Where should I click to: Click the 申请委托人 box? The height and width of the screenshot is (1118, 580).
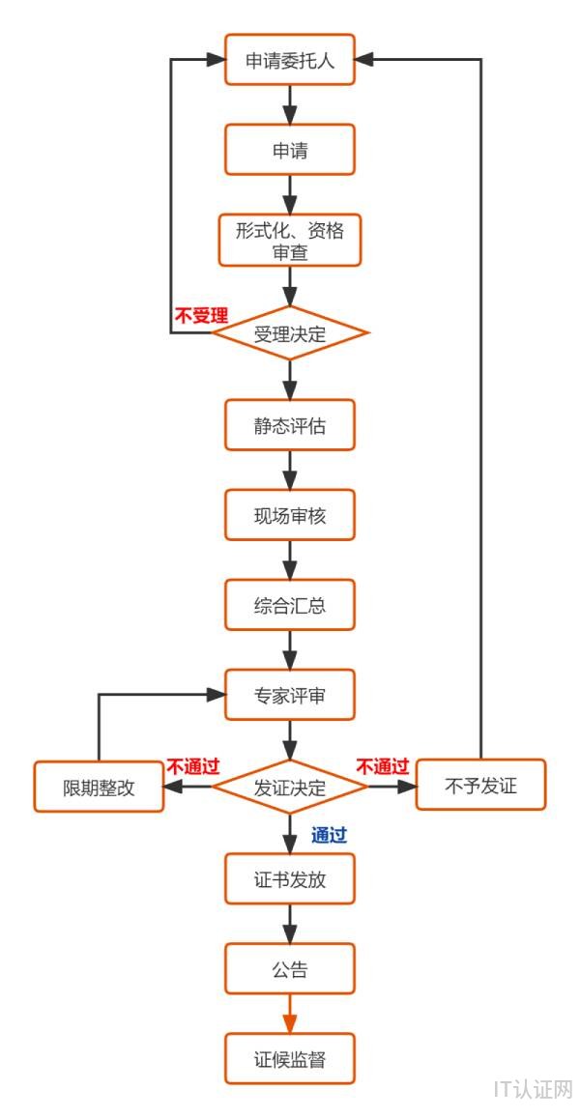[x=290, y=60]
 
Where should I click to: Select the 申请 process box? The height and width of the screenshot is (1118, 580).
[x=290, y=150]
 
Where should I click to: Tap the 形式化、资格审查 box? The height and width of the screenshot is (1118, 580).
[x=290, y=240]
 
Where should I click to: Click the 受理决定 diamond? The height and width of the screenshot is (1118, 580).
[x=290, y=334]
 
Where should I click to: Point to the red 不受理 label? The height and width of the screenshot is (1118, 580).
[x=200, y=315]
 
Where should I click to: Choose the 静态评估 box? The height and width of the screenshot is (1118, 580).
[x=290, y=424]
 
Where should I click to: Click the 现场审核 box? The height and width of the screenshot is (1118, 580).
[x=290, y=514]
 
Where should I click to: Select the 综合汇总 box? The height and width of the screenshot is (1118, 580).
[x=290, y=605]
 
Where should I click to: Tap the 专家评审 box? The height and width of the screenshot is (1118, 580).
[x=290, y=695]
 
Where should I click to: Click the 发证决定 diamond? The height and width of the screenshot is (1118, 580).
[x=290, y=787]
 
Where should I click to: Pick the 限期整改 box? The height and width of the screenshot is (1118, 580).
[x=99, y=787]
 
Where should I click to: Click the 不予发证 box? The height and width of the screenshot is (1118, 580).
[x=480, y=786]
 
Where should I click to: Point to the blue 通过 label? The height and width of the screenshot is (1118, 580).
[x=329, y=836]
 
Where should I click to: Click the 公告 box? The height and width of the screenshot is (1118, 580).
[x=290, y=968]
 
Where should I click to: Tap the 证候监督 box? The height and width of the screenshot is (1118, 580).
[x=290, y=1058]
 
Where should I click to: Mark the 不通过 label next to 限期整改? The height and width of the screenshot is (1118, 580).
[x=192, y=767]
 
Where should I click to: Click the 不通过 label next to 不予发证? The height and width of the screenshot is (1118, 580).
[x=383, y=767]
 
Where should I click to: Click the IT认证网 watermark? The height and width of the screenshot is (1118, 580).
[x=533, y=1090]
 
